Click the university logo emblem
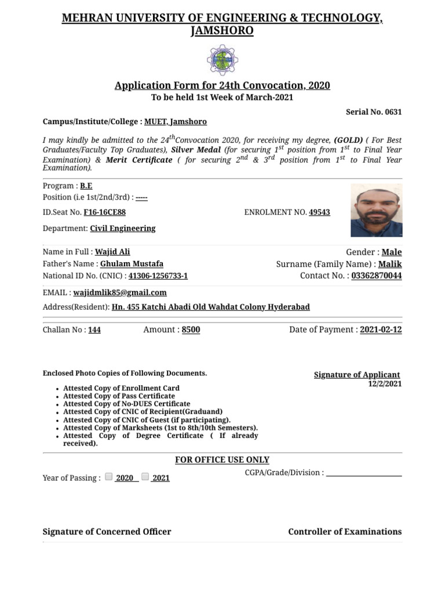222,60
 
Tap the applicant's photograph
376,210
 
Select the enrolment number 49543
319,212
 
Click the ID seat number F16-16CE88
104,212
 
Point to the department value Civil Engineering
122,229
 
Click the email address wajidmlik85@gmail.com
120,292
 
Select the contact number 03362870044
376,276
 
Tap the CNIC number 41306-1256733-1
158,276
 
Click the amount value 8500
191,329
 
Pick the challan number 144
94,330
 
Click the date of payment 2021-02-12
381,329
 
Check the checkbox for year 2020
109,477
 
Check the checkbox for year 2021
145,477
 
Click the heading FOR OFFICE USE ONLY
222,460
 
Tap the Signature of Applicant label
357,375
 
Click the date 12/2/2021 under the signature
385,384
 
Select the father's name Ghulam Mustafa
132,264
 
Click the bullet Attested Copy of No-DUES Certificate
126,404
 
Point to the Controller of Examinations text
345,531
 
